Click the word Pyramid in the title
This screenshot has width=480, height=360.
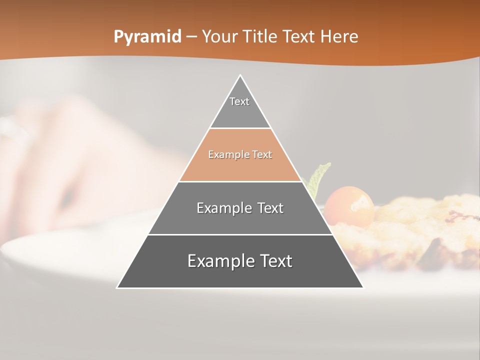(x=147, y=36)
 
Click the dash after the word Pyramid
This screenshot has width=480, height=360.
(x=191, y=37)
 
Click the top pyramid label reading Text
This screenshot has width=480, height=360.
(x=239, y=101)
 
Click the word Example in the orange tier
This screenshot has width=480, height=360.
(x=224, y=154)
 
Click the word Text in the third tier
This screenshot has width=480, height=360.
(x=269, y=208)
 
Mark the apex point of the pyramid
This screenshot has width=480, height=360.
(x=240, y=75)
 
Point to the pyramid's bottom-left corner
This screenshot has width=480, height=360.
(x=117, y=287)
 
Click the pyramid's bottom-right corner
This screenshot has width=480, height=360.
(x=362, y=287)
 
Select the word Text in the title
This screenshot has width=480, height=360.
(x=299, y=36)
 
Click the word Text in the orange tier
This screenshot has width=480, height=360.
(x=262, y=154)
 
